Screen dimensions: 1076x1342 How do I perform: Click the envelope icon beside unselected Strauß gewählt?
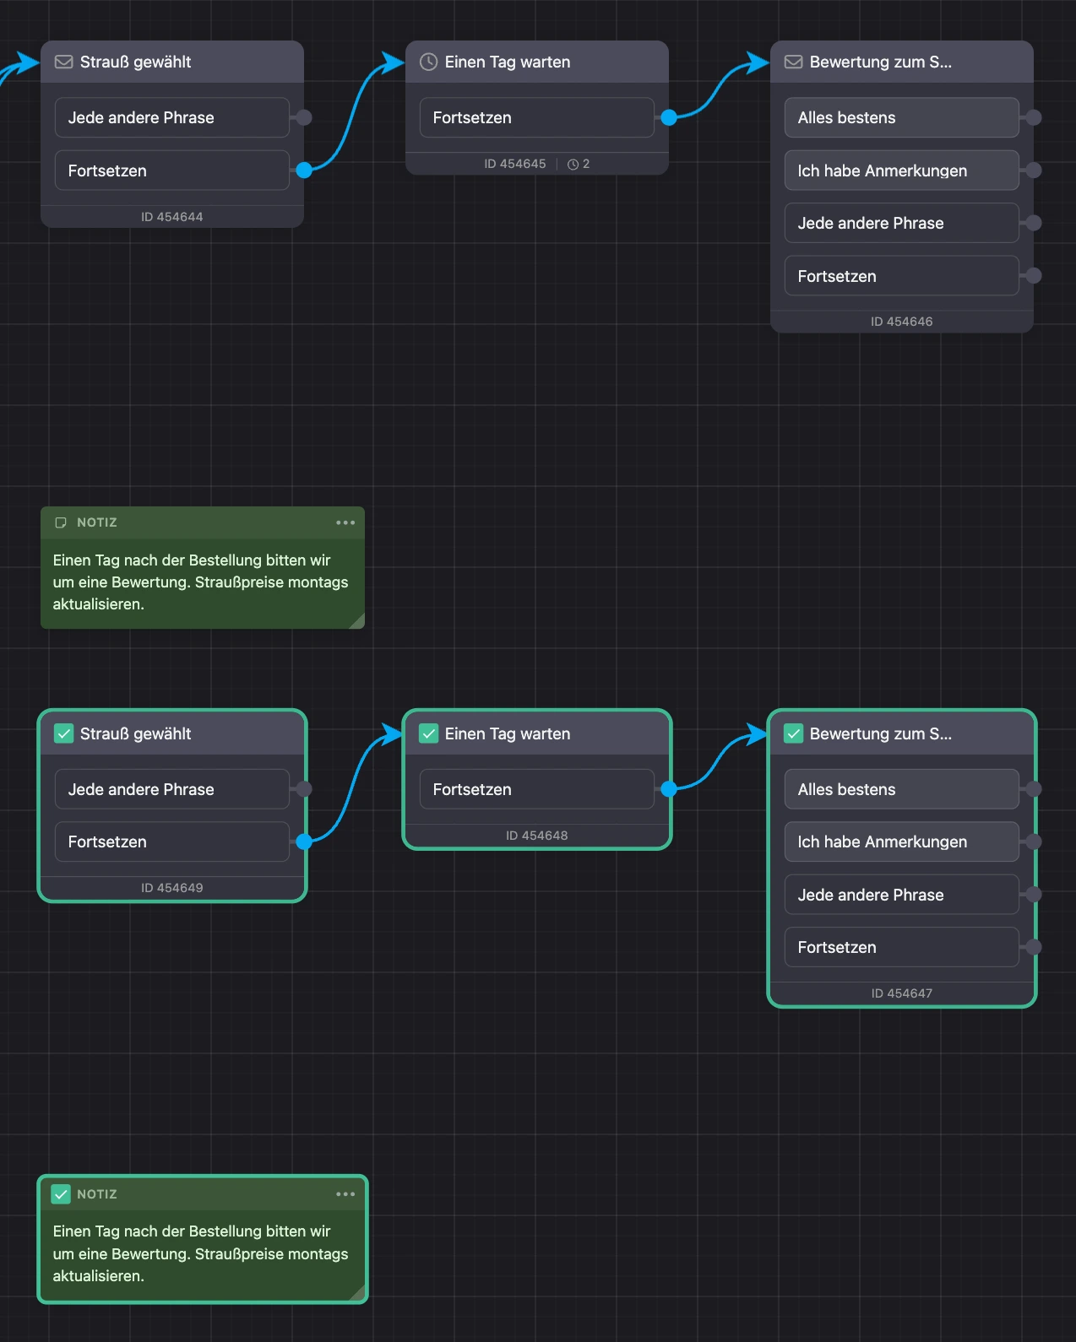tap(63, 62)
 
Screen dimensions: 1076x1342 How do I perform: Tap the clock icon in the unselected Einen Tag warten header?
tap(428, 62)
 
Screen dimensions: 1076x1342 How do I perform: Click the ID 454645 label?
tap(515, 164)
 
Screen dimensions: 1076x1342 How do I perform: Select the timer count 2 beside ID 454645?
tap(579, 164)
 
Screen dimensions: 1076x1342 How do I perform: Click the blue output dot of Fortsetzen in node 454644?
tap(304, 170)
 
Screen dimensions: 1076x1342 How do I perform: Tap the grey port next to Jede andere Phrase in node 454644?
tap(304, 117)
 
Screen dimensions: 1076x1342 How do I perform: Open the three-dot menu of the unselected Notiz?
tap(345, 522)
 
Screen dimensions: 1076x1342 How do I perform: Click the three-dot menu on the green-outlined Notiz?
tap(345, 1194)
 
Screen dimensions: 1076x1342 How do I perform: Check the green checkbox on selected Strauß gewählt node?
tap(63, 733)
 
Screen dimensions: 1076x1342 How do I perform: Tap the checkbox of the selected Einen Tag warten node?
tap(428, 733)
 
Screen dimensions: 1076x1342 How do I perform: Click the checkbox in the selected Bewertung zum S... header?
tap(793, 733)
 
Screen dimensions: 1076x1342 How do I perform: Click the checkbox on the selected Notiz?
tap(61, 1194)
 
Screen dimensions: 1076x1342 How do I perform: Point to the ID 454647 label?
tap(902, 993)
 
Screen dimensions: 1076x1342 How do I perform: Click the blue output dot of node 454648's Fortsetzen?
tap(668, 789)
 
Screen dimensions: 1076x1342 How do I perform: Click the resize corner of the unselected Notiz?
tap(357, 622)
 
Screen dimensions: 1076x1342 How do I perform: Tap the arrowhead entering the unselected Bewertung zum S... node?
tap(758, 62)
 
